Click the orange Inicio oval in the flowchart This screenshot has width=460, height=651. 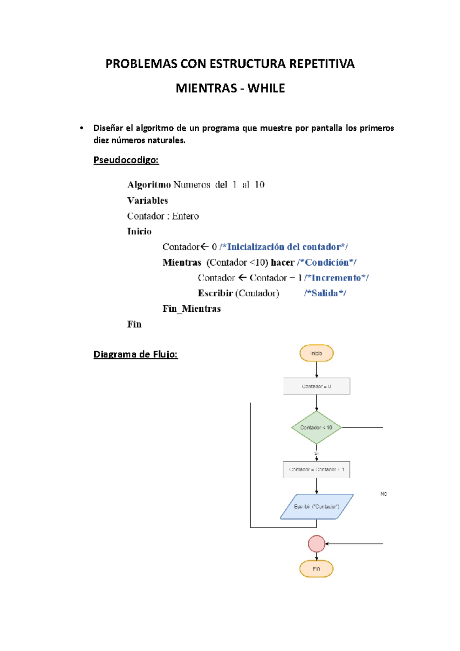coord(316,353)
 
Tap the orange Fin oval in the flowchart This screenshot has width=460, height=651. coord(316,569)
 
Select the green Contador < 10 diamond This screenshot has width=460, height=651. coord(316,427)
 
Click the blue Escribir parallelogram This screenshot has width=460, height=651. coord(317,506)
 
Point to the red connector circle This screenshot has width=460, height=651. coord(316,544)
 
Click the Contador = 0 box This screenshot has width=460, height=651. coord(316,386)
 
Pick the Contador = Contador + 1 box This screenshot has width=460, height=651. coord(316,469)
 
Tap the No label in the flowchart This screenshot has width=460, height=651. coord(383,494)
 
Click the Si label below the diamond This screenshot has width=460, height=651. coord(316,453)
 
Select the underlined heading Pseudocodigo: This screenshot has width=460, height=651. coord(126,160)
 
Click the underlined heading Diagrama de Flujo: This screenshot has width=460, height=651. coord(135,354)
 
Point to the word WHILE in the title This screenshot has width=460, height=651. coord(266,88)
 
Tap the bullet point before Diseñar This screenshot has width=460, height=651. coord(82,128)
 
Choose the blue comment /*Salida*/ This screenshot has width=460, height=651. coord(325,293)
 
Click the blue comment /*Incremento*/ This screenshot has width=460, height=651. coord(336,278)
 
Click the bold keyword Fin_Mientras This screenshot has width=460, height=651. coord(191,309)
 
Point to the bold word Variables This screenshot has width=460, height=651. coord(147,201)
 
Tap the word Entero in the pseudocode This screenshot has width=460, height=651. coord(185,216)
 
